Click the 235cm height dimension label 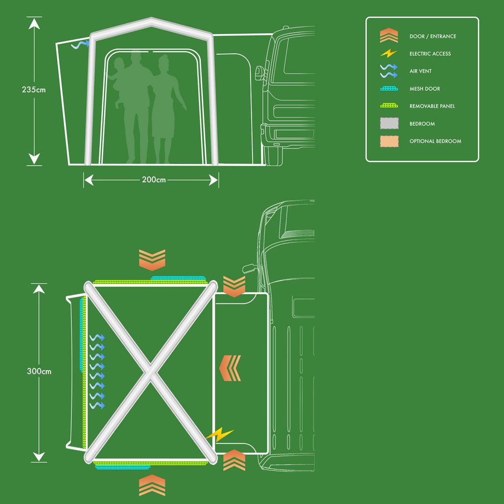tap(34, 90)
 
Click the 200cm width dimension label tap(154, 180)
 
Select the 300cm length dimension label tap(39, 371)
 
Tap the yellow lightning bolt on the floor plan tap(220, 434)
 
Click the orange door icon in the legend tap(389, 35)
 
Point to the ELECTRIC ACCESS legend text tap(430, 54)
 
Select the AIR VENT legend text tap(420, 71)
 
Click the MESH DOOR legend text tap(425, 89)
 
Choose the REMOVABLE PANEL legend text tap(432, 106)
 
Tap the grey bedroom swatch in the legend tap(389, 123)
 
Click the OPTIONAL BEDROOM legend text tap(435, 141)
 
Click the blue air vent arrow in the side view tap(80, 44)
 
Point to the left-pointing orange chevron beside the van tap(230, 368)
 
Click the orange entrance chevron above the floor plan tap(152, 260)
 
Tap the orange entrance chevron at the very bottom tap(152, 485)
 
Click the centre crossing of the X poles tap(151, 372)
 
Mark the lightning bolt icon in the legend tap(389, 53)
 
